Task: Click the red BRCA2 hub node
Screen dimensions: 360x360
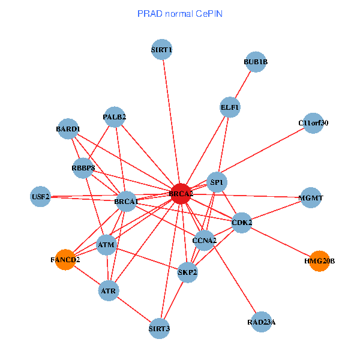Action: [x=181, y=194]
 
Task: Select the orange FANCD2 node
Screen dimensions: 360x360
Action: [x=65, y=260]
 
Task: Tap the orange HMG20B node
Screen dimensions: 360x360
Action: [x=320, y=261]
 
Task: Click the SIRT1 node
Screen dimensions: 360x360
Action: [x=162, y=50]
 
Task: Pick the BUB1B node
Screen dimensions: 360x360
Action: [x=256, y=62]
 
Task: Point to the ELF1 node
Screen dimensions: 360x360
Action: [x=230, y=107]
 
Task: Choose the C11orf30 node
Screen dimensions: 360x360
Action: [x=313, y=123]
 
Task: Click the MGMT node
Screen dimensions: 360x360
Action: [x=310, y=197]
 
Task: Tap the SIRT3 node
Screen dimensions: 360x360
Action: [x=160, y=328]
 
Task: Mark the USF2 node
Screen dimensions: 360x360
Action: [x=40, y=197]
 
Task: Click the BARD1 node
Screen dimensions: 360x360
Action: [x=68, y=129]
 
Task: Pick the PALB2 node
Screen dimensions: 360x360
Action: [x=114, y=117]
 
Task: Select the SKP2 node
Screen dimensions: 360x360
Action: [x=188, y=272]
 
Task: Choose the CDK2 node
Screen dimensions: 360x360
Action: [x=241, y=223]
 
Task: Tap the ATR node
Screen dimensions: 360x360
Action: [x=109, y=291]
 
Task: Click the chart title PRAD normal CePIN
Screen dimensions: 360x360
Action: [x=180, y=13]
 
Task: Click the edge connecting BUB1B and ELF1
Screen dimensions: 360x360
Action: [x=243, y=84]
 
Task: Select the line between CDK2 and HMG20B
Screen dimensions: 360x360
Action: [x=281, y=242]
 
